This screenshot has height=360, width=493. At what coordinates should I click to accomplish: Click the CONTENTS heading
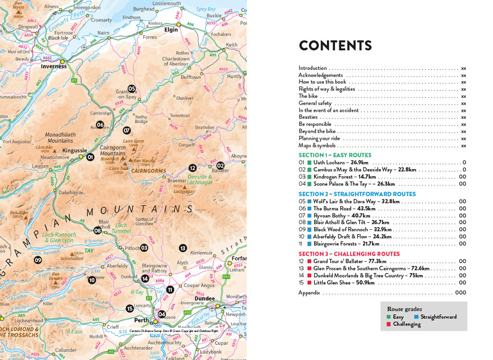coord(335,46)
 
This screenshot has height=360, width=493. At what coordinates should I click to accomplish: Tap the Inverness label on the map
coord(53,67)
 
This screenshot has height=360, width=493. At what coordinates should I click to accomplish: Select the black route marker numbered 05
coord(131,89)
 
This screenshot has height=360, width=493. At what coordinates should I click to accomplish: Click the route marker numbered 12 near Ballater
coord(192,168)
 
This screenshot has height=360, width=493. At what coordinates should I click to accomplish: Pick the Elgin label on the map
coord(171,29)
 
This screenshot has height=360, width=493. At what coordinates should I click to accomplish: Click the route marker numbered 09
coord(38,260)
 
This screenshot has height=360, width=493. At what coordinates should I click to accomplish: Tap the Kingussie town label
coord(75,150)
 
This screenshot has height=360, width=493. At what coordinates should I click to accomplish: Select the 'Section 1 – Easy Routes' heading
coord(335,155)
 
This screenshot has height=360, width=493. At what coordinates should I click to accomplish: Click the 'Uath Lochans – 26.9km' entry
coord(340,162)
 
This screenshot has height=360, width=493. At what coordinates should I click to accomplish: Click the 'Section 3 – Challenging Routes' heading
coord(349,254)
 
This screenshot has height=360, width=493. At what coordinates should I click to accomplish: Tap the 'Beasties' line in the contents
coord(308,117)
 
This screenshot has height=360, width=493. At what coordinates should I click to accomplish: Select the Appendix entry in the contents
coord(309,293)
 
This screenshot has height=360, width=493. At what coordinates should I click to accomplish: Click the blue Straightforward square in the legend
coord(416,317)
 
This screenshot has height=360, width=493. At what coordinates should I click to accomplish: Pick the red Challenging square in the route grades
coord(389,324)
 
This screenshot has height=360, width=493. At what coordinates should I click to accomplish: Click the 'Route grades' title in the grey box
coord(404,309)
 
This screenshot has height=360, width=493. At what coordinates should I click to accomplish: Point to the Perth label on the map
coord(142,320)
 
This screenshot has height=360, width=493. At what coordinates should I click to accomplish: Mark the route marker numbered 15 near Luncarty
coord(130,308)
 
